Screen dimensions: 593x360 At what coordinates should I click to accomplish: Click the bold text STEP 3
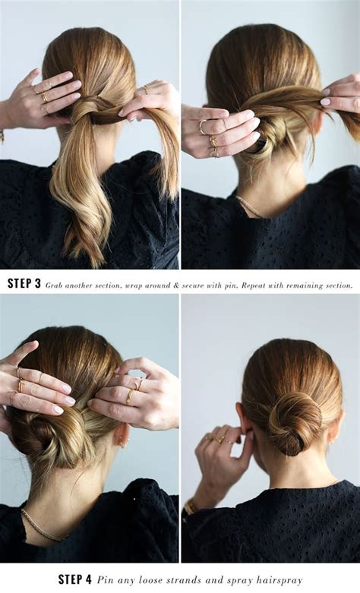[24, 284]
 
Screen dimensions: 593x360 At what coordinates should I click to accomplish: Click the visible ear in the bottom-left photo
[122, 434]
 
